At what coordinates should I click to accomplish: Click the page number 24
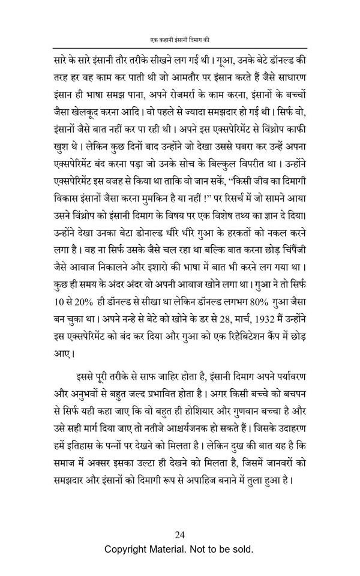click(x=180, y=535)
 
